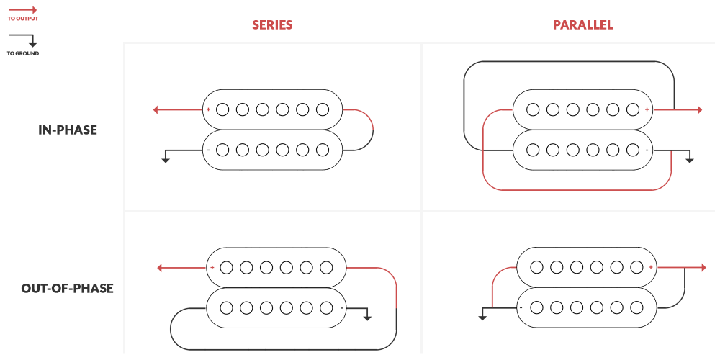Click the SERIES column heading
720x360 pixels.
(x=272, y=25)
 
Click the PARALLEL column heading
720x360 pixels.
(x=582, y=25)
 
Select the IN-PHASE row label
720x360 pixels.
(x=68, y=130)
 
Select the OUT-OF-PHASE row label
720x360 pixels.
(x=68, y=289)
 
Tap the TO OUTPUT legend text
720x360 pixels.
(x=23, y=19)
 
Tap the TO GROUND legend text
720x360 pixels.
(x=23, y=53)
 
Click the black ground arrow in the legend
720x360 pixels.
(x=32, y=44)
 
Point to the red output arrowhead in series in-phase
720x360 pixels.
(x=156, y=110)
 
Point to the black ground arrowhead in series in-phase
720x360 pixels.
(x=166, y=159)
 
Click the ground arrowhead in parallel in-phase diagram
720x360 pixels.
(x=689, y=159)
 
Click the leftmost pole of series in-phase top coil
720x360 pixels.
(x=222, y=110)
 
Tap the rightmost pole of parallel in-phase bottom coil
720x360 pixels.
(x=633, y=150)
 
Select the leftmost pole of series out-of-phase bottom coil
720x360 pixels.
(x=226, y=307)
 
